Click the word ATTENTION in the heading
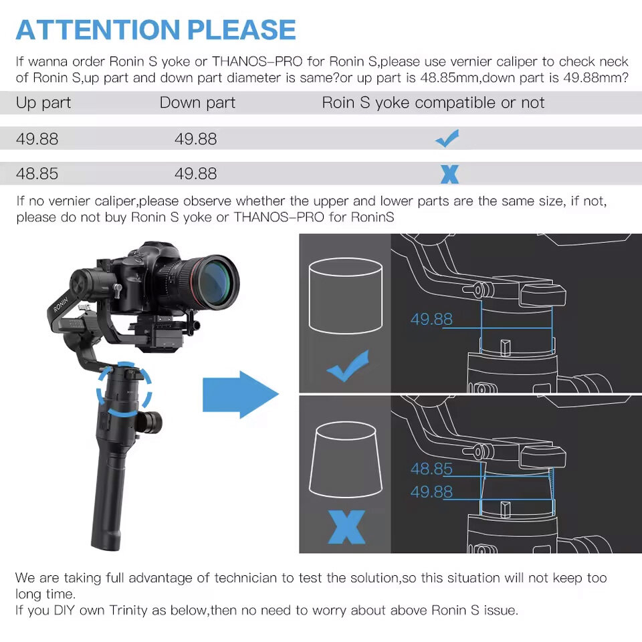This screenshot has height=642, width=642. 98,30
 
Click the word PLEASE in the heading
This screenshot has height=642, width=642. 241,30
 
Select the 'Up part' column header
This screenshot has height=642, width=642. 43,103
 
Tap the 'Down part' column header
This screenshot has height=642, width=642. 197,103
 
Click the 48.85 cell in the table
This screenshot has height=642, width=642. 37,174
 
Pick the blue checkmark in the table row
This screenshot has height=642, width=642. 447,138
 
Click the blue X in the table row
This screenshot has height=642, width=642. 449,174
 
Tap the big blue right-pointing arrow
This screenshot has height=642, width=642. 241,395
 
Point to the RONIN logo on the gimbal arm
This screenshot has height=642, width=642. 60,304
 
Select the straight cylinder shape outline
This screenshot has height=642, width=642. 346,296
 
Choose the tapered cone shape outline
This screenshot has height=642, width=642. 346,459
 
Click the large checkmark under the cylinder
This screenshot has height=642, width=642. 348,366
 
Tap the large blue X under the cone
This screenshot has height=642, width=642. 346,527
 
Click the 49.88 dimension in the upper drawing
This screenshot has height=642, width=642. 431,320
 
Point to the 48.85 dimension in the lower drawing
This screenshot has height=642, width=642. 431,469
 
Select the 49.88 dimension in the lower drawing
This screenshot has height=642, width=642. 431,492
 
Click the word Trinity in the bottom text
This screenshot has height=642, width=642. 128,610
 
